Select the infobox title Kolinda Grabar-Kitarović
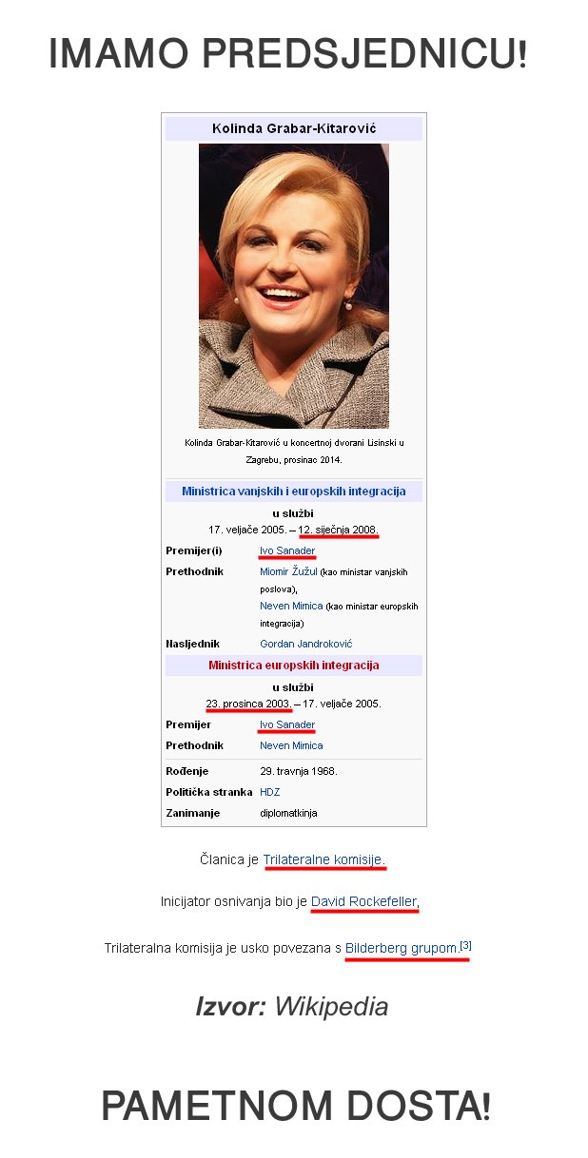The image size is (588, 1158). (293, 128)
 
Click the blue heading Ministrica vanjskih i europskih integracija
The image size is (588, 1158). (293, 491)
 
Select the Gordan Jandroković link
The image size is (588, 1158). (305, 644)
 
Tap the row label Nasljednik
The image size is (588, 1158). (193, 644)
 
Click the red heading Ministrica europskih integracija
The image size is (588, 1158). (293, 665)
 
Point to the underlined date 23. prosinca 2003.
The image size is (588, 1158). (248, 704)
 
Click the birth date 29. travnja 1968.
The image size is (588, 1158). (298, 771)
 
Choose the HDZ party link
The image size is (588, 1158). (269, 792)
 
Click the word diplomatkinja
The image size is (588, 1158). (288, 813)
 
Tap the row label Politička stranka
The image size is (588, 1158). (209, 792)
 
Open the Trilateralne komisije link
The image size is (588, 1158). (323, 859)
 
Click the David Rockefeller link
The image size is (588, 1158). (363, 901)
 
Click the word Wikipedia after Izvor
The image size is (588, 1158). (331, 1006)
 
